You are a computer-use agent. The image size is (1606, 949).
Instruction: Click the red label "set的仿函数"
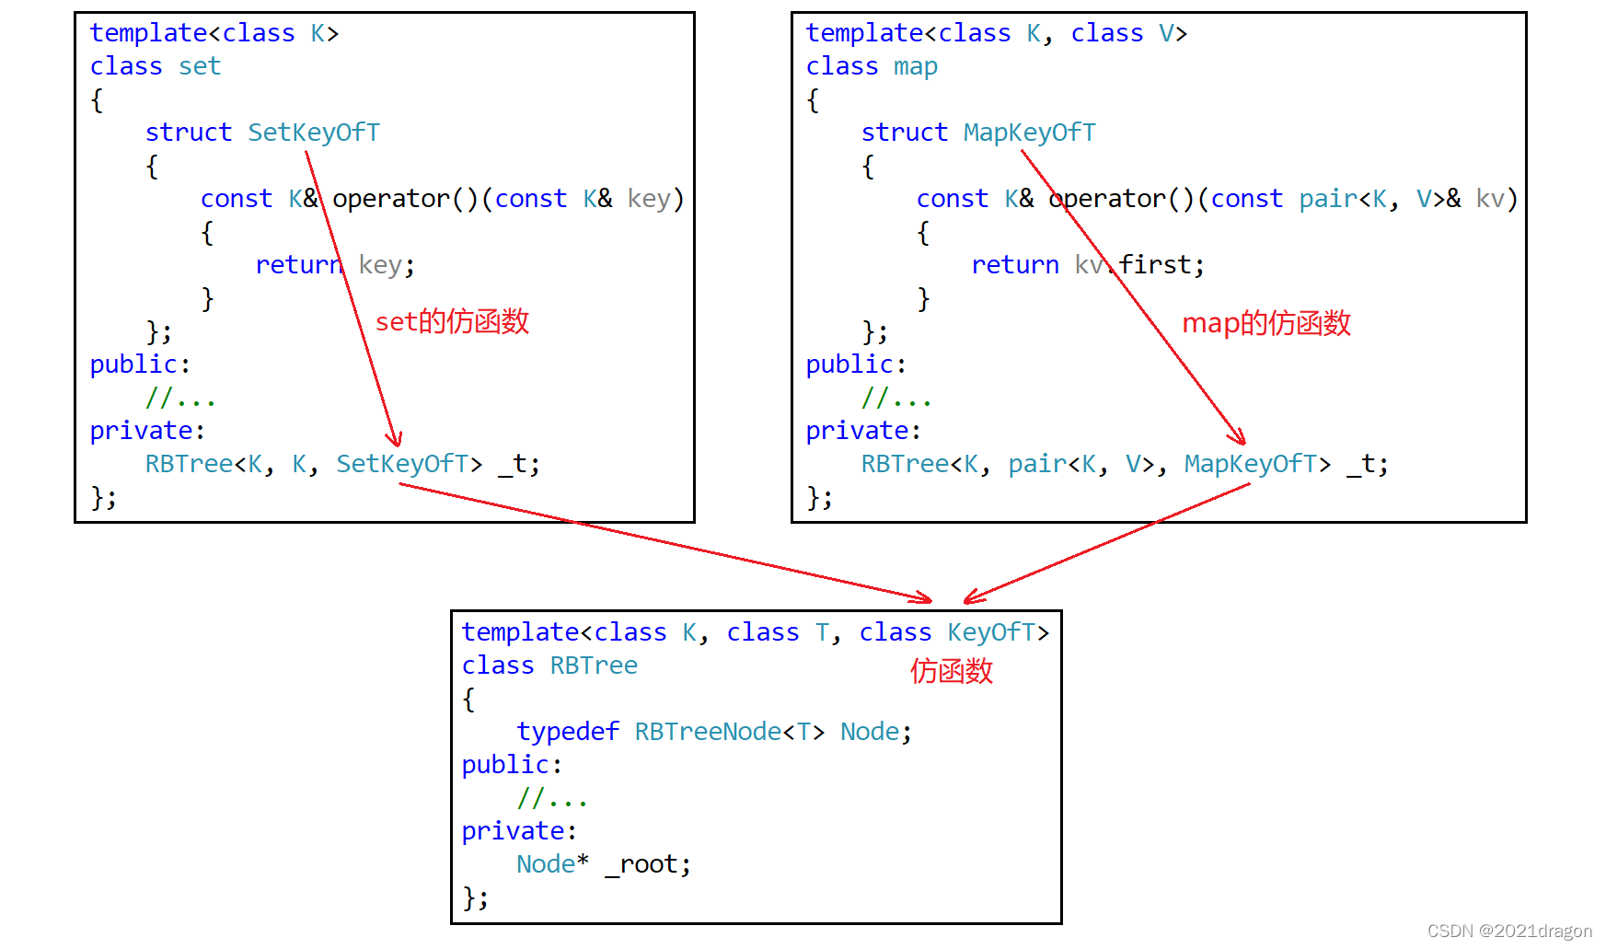pyautogui.click(x=452, y=321)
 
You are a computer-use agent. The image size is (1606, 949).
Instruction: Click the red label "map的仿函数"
pyautogui.click(x=1265, y=323)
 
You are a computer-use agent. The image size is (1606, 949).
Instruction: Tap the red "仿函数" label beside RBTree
pyautogui.click(x=951, y=671)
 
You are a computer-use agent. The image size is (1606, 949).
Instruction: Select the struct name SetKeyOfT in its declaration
pyautogui.click(x=313, y=133)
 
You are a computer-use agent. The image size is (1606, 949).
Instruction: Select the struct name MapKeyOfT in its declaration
pyautogui.click(x=1029, y=133)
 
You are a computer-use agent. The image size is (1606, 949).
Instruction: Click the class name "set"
pyautogui.click(x=200, y=66)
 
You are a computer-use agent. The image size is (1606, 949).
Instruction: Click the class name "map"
pyautogui.click(x=915, y=66)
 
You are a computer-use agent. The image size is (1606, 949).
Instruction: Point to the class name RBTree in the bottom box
pyautogui.click(x=594, y=665)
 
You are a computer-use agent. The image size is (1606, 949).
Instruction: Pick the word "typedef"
pyautogui.click(x=567, y=732)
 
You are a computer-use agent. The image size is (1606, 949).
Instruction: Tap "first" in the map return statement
pyautogui.click(x=1155, y=265)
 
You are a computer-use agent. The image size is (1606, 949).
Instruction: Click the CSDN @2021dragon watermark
pyautogui.click(x=1508, y=931)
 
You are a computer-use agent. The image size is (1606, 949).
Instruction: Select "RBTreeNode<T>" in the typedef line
pyautogui.click(x=729, y=732)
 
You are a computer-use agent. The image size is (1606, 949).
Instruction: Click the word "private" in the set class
pyautogui.click(x=141, y=431)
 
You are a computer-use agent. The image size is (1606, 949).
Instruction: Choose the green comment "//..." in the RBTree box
pyautogui.click(x=551, y=798)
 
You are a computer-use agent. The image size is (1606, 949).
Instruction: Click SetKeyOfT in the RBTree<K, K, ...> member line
pyautogui.click(x=402, y=464)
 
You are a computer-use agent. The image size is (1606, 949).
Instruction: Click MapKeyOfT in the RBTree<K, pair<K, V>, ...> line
pyautogui.click(x=1250, y=464)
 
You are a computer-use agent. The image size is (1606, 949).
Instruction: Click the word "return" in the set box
pyautogui.click(x=298, y=265)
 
